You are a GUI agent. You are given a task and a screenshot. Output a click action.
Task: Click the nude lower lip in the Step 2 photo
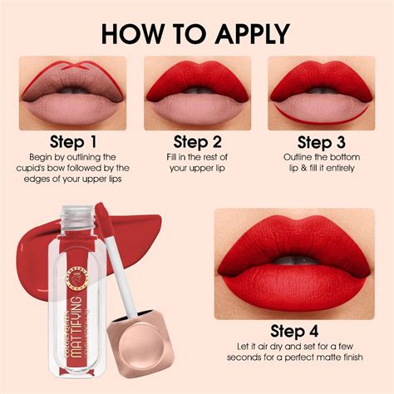point(197,106)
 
